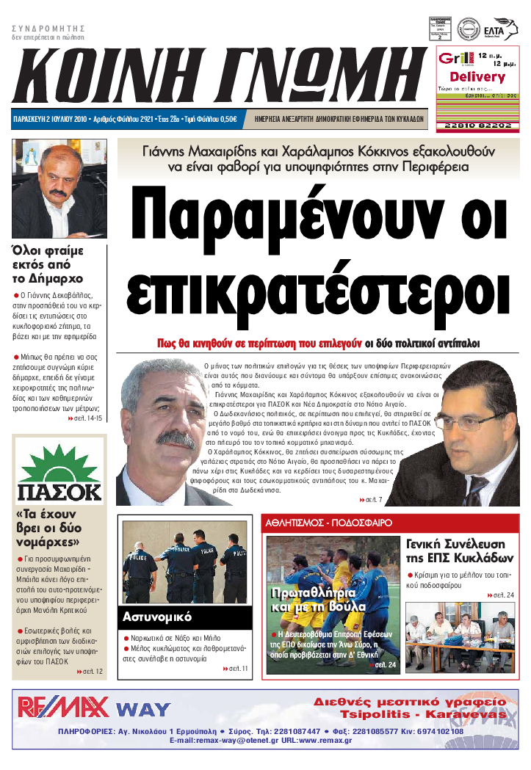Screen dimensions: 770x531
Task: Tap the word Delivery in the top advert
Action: tap(477, 76)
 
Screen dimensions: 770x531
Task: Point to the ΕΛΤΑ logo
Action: tap(505, 30)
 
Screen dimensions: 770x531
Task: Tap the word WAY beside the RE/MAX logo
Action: tap(143, 710)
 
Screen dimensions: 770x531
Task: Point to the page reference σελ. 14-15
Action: tap(89, 418)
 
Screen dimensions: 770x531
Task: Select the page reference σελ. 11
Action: tap(235, 669)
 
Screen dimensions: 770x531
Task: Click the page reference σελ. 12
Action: tap(90, 671)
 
